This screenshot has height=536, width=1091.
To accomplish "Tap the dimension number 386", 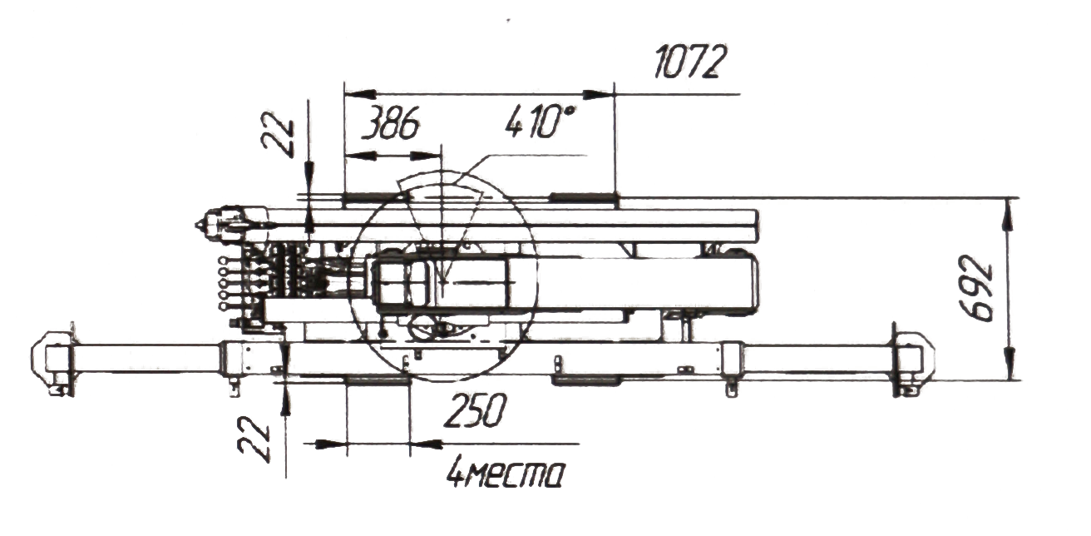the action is (x=391, y=122).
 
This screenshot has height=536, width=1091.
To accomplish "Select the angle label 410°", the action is (x=540, y=122).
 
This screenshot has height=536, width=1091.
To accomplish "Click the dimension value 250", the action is (x=476, y=410).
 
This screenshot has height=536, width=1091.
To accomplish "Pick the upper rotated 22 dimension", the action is (x=278, y=135).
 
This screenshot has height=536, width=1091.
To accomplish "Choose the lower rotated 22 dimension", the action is (x=254, y=439).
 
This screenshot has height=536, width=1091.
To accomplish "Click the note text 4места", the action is (x=506, y=472).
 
